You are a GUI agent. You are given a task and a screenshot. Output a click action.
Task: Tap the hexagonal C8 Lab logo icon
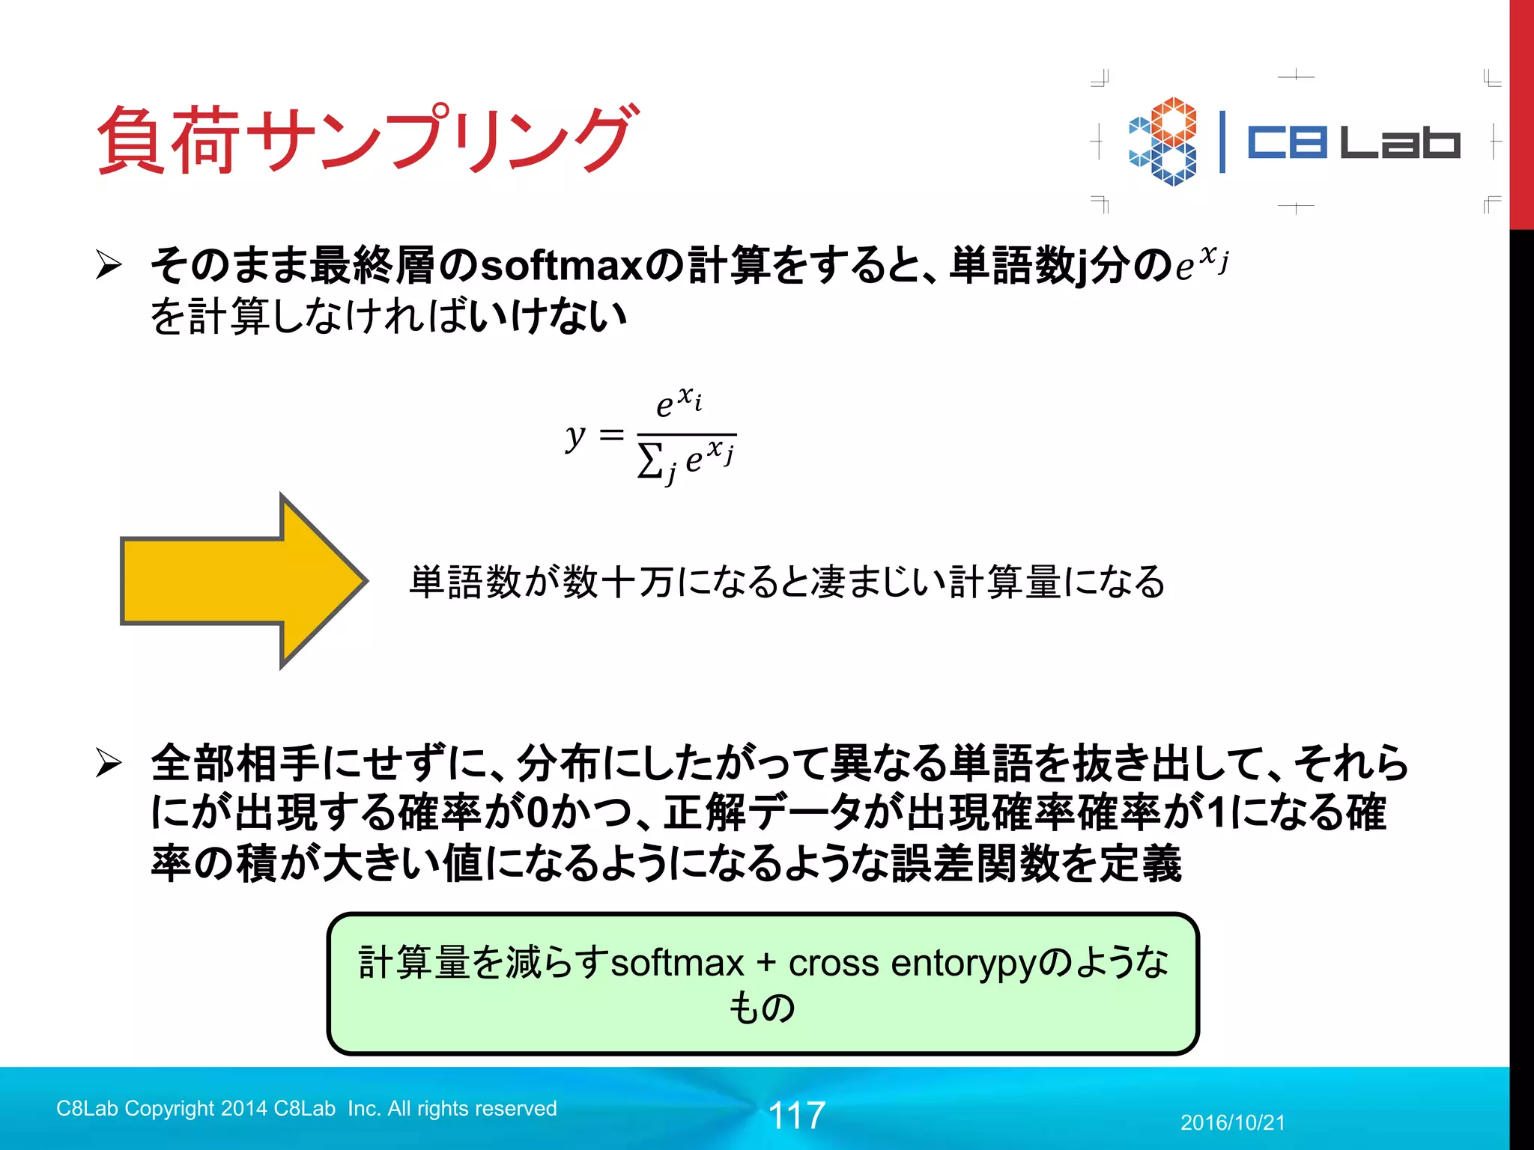pyautogui.click(x=1163, y=142)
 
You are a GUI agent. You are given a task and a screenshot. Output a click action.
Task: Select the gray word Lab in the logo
pyautogui.click(x=1400, y=142)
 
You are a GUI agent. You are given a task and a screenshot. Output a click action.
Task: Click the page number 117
pyautogui.click(x=797, y=1116)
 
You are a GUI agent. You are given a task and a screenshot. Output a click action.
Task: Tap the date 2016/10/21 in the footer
pyautogui.click(x=1233, y=1123)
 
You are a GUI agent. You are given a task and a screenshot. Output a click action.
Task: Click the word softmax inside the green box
pyautogui.click(x=677, y=963)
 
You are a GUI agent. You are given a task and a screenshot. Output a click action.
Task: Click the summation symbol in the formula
pyautogui.click(x=649, y=460)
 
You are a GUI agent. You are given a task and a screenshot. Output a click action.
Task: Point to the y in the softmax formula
pyautogui.click(x=575, y=436)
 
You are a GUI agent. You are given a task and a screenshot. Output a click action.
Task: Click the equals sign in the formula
pyautogui.click(x=612, y=434)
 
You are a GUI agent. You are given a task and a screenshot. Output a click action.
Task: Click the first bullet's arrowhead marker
pyautogui.click(x=109, y=265)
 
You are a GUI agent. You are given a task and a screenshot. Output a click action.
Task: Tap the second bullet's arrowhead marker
pyautogui.click(x=109, y=763)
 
